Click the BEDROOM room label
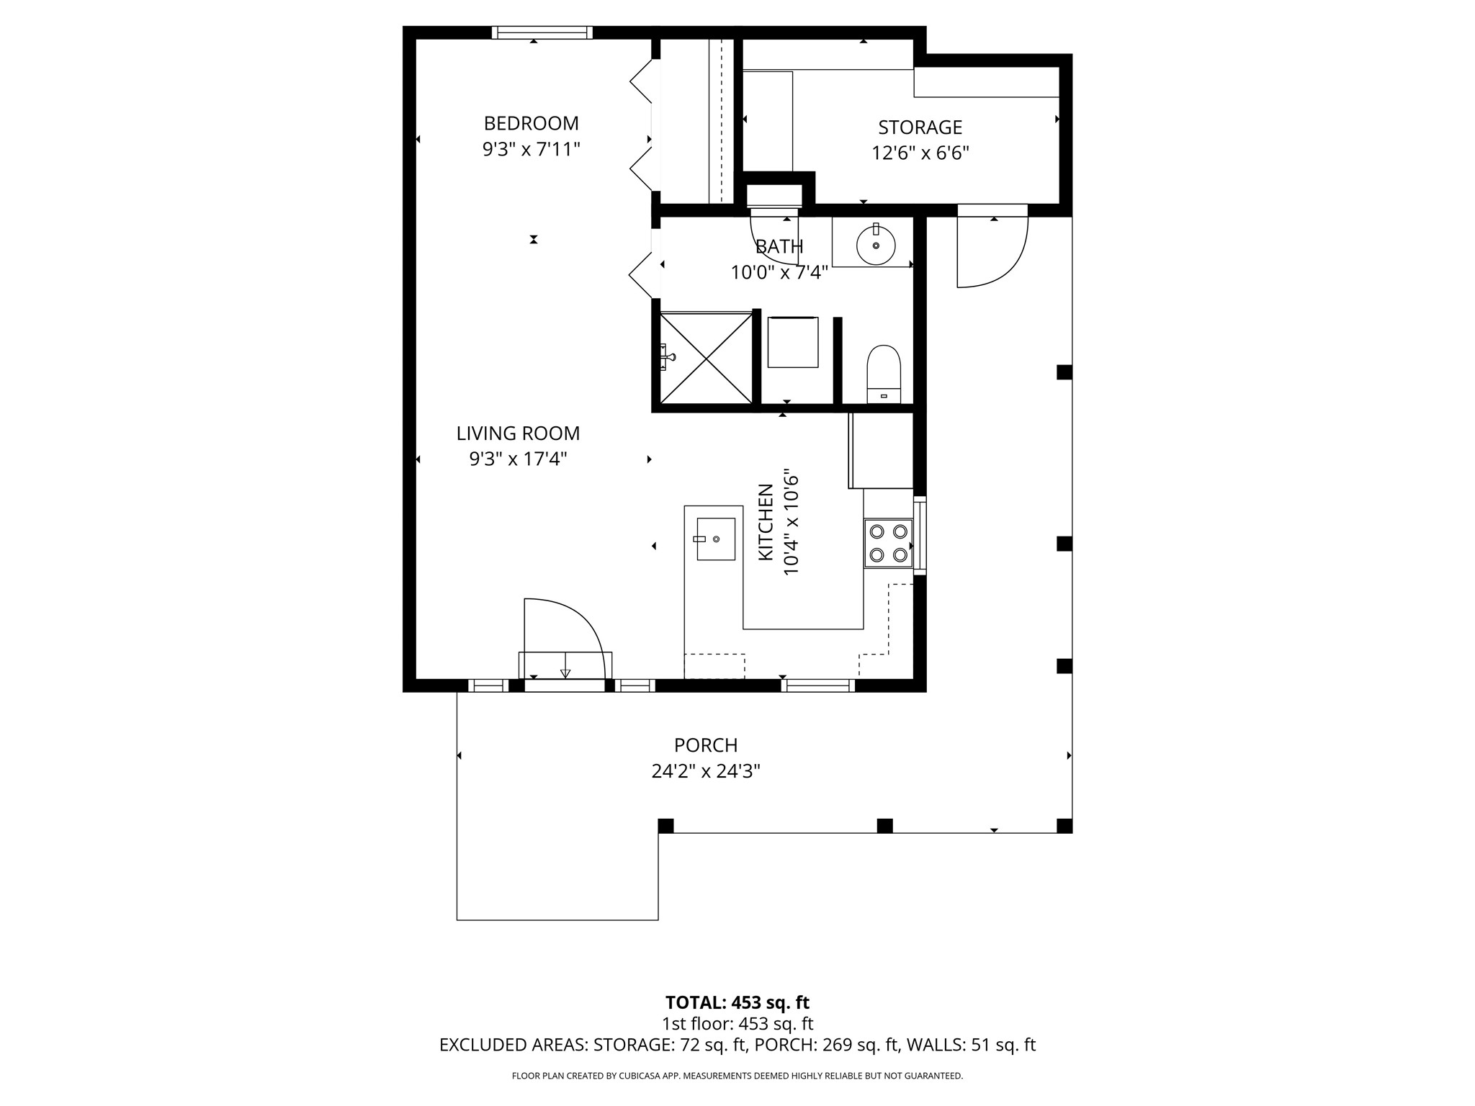pos(531,123)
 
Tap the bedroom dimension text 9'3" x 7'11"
pos(531,150)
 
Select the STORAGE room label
pos(920,127)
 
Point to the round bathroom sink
pos(876,246)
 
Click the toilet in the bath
pos(884,374)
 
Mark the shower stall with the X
pos(707,358)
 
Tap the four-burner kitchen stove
pos(888,543)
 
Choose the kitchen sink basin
pos(716,539)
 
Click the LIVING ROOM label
pos(518,433)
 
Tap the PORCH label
pos(706,745)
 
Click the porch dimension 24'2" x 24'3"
pos(706,772)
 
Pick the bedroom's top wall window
pos(542,32)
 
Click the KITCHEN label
pos(766,523)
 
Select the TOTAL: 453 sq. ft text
pos(737,1002)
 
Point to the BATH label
pos(779,247)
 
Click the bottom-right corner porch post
pos(1064,826)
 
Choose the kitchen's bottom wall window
pos(818,685)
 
